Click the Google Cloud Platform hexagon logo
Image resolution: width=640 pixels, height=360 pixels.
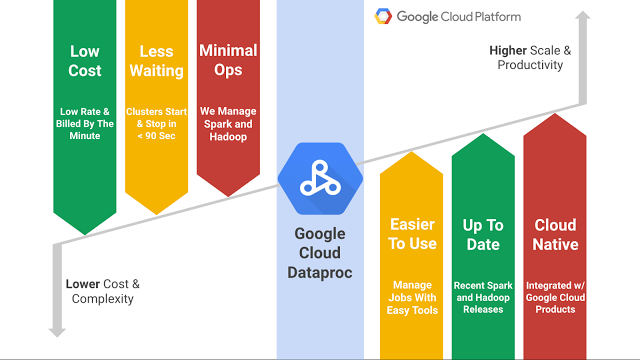point(382,16)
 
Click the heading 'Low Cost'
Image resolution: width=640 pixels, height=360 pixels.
point(84,61)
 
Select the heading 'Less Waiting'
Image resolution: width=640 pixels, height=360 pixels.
point(156,61)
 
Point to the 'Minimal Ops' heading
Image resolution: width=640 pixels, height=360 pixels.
point(228,60)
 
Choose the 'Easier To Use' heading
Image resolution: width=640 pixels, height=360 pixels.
point(413,234)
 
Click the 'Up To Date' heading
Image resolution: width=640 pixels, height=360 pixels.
point(483,234)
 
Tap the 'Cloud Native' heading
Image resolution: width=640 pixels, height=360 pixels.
point(555,234)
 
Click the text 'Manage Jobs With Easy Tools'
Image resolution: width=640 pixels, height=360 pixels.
point(413,297)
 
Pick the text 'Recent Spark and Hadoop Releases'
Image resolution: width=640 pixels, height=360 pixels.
point(483,297)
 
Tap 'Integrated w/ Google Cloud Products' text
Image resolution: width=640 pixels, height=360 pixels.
point(555,297)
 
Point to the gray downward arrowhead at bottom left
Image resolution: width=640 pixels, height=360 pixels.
point(58,328)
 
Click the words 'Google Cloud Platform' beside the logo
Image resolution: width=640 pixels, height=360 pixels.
point(458,16)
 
